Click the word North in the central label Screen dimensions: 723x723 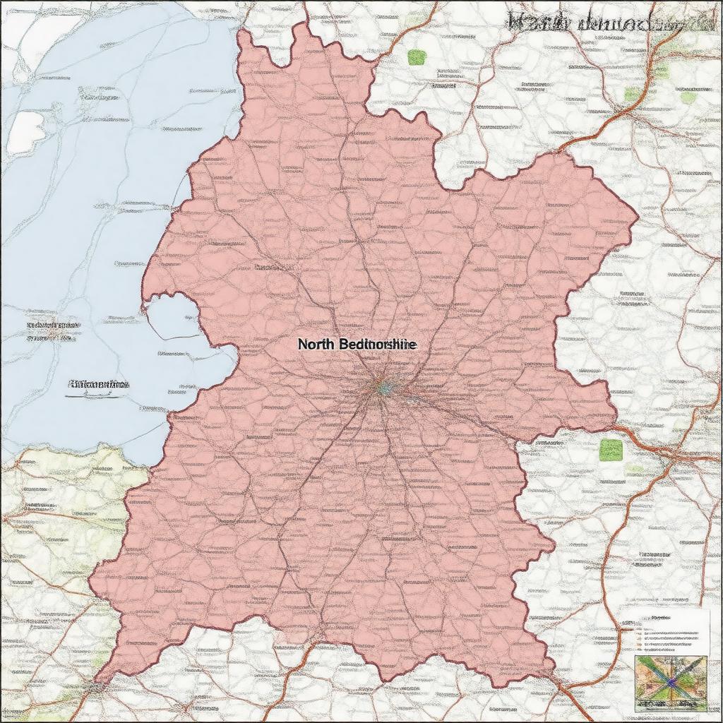[x=317, y=345]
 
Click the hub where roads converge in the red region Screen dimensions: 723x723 [x=382, y=387]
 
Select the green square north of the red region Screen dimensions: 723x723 [x=417, y=56]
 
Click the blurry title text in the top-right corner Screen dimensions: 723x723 [x=607, y=21]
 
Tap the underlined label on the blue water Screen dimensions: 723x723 [x=99, y=386]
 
